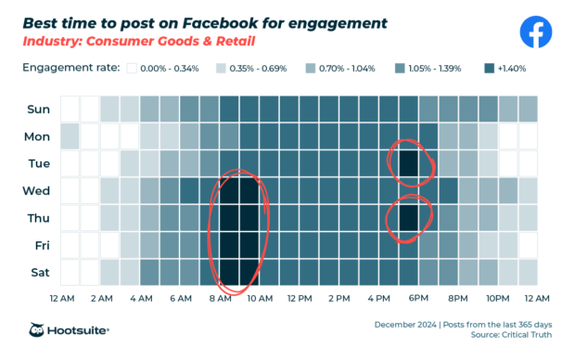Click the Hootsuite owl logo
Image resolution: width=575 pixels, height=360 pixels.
(x=38, y=329)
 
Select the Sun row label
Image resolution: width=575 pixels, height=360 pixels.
(x=38, y=109)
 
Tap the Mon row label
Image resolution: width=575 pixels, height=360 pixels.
(x=38, y=136)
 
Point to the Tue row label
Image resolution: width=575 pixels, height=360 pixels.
(x=38, y=163)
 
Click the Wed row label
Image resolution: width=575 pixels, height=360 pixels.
(x=38, y=191)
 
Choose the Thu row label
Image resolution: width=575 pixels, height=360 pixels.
(x=38, y=218)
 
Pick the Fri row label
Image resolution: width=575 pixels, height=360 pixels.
(x=40, y=245)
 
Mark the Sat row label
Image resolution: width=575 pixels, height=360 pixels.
(x=39, y=272)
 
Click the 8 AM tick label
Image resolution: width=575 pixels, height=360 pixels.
(x=221, y=298)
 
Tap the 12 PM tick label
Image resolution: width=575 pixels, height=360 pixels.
(x=300, y=298)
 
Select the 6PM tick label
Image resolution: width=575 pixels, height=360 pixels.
(x=419, y=298)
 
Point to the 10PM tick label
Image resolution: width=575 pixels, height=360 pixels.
(x=498, y=298)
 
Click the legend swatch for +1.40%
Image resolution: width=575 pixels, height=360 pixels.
(x=490, y=69)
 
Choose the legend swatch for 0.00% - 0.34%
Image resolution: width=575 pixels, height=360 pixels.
(x=133, y=69)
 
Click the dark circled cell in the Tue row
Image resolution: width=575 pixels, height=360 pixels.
(x=408, y=163)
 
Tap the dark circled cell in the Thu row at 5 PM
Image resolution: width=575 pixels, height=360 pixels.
(x=408, y=218)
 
